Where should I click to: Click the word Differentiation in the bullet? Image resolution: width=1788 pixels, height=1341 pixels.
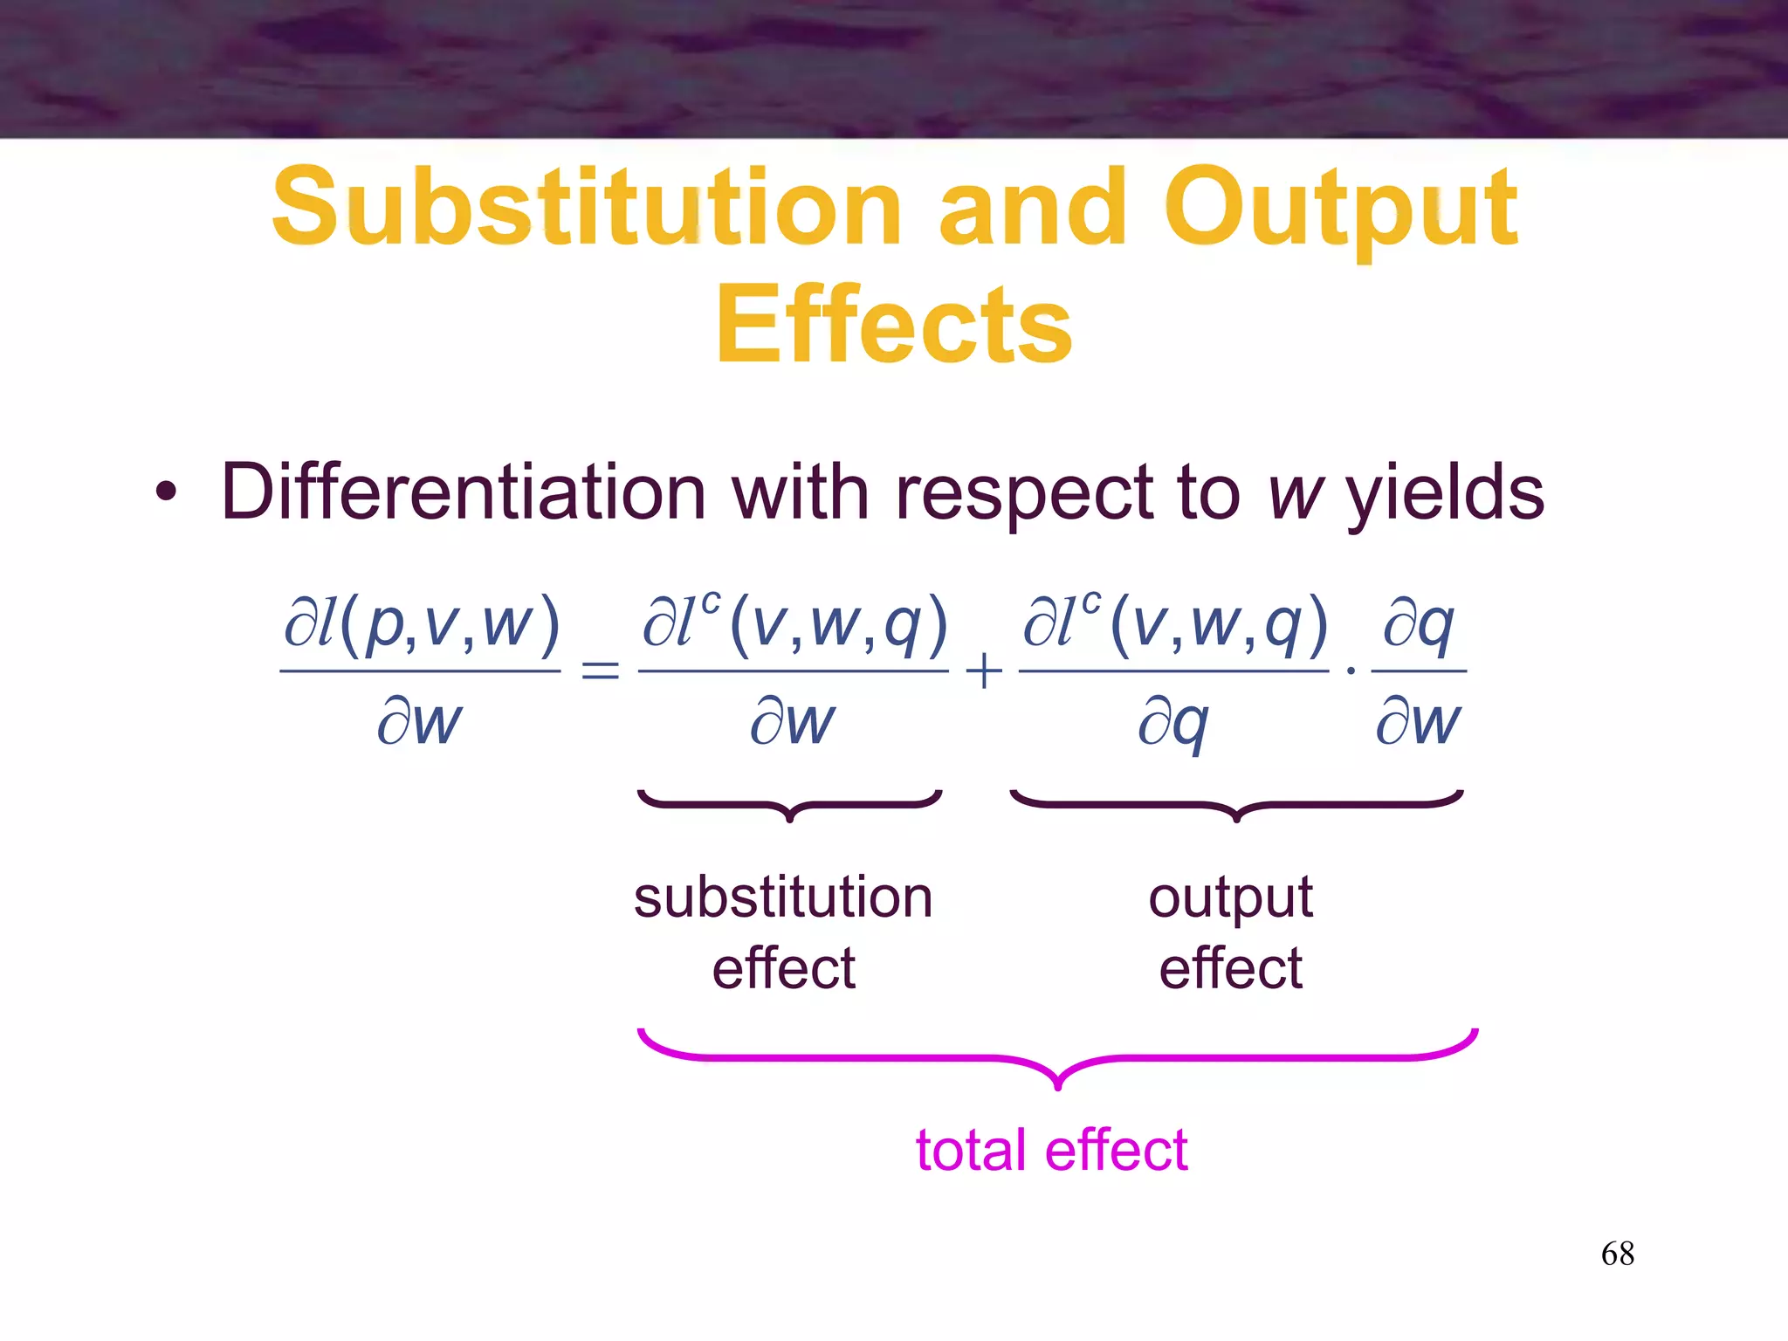463,492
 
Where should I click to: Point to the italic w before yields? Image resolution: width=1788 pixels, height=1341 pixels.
1296,494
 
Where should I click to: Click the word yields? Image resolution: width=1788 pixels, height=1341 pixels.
1445,494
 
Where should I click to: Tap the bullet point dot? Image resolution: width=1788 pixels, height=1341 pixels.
166,494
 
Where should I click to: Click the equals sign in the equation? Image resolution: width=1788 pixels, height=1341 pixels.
600,671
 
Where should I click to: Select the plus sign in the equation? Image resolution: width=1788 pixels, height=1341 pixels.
984,671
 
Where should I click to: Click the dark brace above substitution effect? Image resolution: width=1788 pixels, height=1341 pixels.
790,804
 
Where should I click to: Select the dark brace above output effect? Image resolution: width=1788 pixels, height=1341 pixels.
1236,804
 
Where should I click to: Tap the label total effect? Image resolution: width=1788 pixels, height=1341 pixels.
1051,1150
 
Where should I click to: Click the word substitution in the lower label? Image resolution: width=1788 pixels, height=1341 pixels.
783,897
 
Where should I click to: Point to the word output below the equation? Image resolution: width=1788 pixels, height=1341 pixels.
1230,897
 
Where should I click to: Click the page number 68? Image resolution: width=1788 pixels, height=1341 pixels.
1617,1254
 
